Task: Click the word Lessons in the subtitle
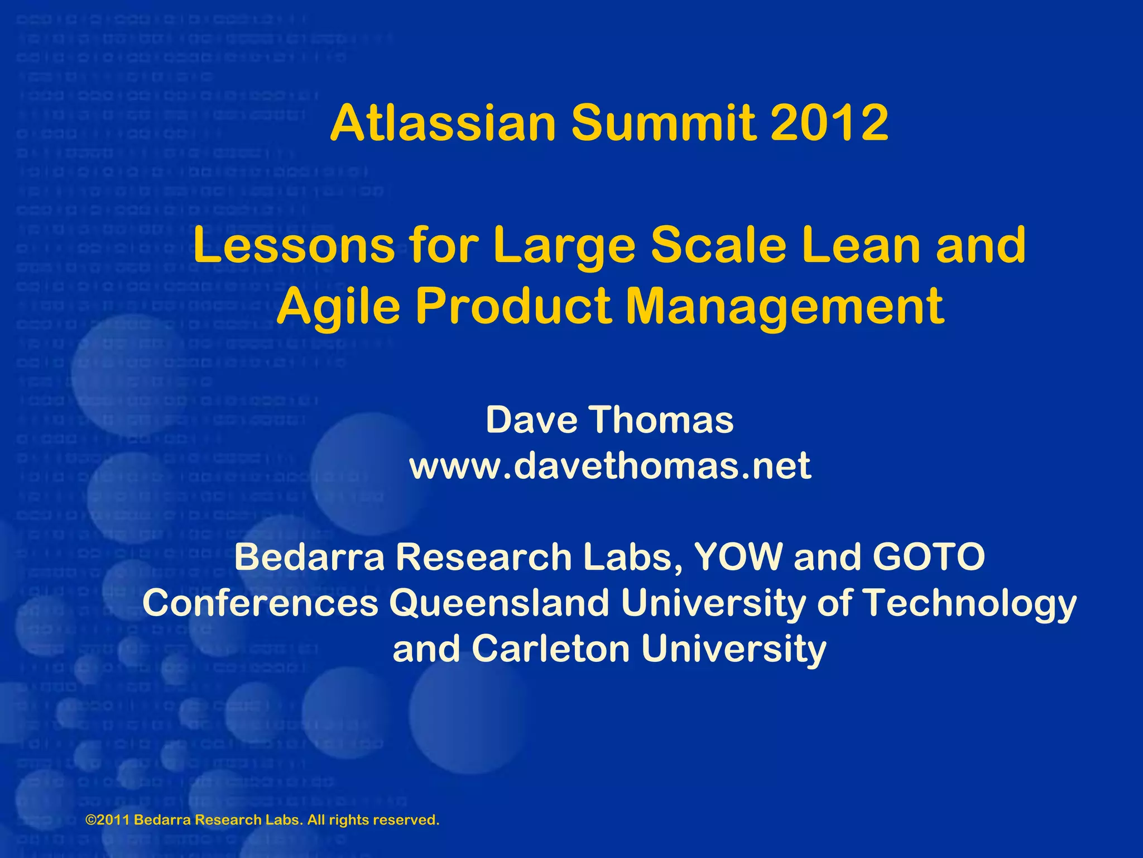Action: click(294, 246)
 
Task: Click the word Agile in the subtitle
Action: click(338, 307)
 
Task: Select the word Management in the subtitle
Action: click(785, 307)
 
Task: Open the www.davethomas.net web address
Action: click(610, 466)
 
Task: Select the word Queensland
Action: click(499, 603)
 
